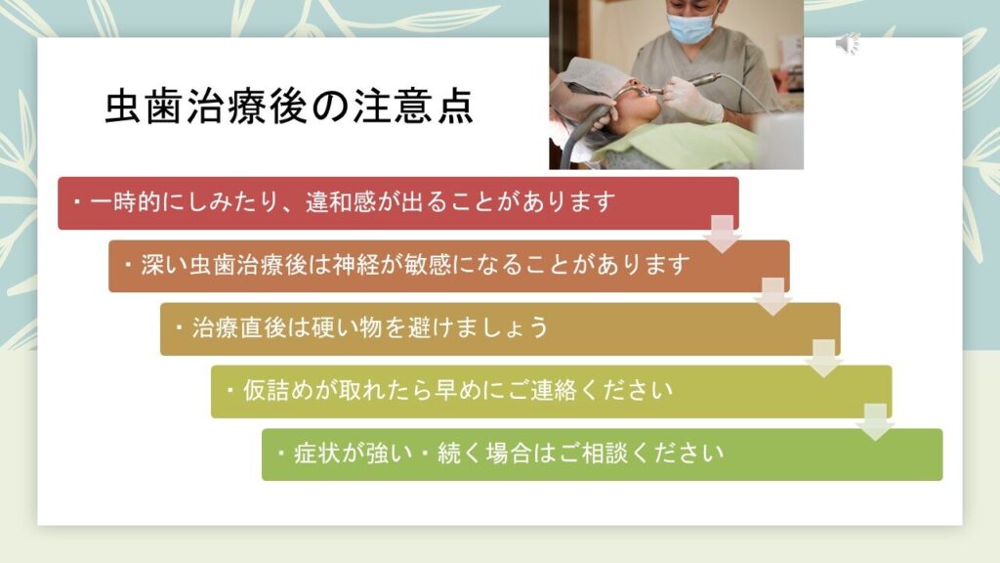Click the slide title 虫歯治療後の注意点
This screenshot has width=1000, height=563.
click(x=289, y=106)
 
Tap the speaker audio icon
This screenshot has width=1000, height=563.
click(x=848, y=43)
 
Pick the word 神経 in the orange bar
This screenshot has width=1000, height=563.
click(x=355, y=265)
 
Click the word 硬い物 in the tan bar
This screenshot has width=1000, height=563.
click(x=347, y=327)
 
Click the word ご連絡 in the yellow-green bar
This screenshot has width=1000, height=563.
click(x=543, y=390)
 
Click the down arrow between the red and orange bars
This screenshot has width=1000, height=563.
click(x=722, y=235)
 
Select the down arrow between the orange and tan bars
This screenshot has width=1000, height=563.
click(x=773, y=297)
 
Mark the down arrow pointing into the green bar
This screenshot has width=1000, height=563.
click(x=875, y=422)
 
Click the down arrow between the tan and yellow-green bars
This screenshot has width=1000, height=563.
click(x=824, y=359)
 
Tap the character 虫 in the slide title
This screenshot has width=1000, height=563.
click(x=122, y=106)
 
